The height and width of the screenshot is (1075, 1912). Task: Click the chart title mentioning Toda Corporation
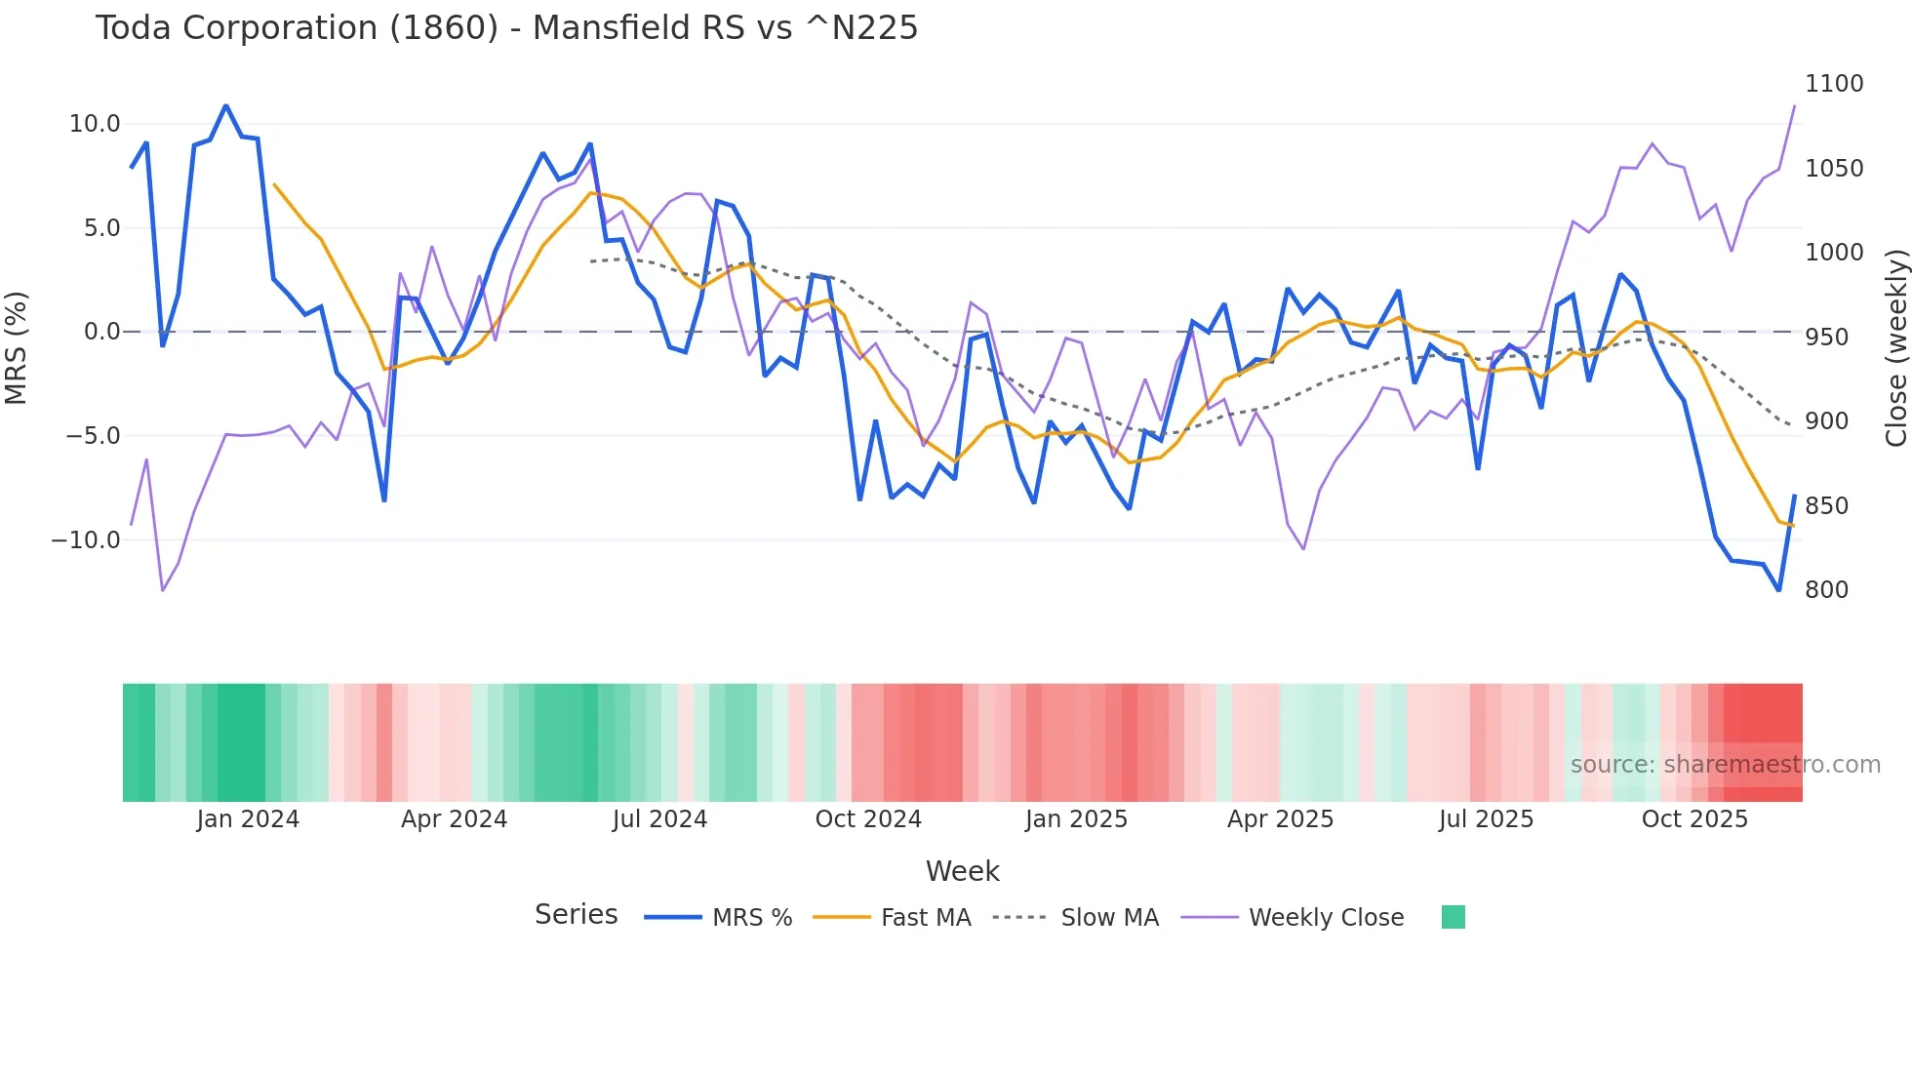tap(506, 28)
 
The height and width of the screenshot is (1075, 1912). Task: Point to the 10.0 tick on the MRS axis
tap(95, 124)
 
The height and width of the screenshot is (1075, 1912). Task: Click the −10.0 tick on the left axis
tap(86, 540)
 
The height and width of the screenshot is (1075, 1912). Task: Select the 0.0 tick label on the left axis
tap(101, 332)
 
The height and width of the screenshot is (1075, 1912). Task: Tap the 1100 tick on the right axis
tap(1833, 84)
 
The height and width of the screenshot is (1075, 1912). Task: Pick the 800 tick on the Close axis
tap(1826, 590)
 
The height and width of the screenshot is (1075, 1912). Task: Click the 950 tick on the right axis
tap(1826, 338)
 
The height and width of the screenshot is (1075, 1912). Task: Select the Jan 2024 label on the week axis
tap(248, 819)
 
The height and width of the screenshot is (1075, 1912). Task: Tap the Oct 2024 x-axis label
tap(868, 819)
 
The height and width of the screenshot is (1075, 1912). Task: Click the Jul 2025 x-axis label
tap(1486, 819)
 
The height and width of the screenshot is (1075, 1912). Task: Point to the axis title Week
tap(962, 871)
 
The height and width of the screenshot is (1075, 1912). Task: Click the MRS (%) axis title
tap(17, 347)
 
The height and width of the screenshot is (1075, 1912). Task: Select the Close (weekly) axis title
tap(1895, 347)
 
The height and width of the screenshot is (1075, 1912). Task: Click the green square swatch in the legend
tap(1453, 917)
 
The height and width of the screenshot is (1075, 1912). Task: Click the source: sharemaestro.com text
tap(1725, 765)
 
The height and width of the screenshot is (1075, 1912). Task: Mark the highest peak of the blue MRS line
tap(225, 105)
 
